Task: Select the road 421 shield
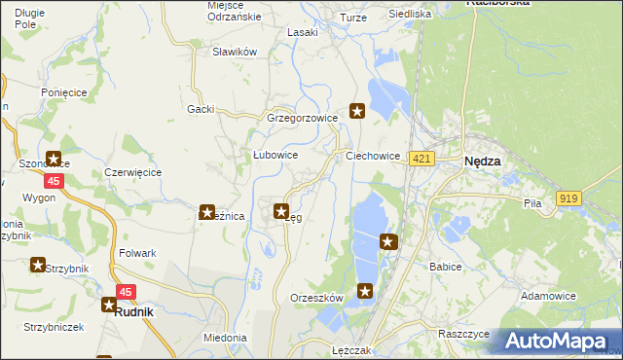tap(421, 160)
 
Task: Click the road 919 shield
tap(568, 198)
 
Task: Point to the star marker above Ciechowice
tap(357, 112)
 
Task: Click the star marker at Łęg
tap(281, 210)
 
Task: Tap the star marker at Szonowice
tap(53, 161)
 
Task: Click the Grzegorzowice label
tap(302, 118)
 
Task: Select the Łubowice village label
tap(275, 155)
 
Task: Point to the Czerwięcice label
tap(132, 172)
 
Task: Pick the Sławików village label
tap(234, 52)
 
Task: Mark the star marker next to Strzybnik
tap(38, 265)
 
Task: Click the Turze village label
tap(351, 18)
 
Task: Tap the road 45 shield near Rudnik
tap(126, 291)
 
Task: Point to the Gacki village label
tap(201, 109)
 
